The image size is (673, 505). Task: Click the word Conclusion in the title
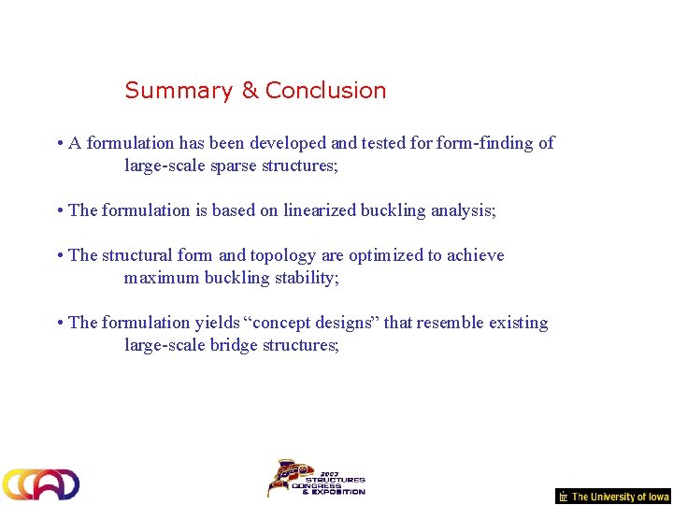coord(325,91)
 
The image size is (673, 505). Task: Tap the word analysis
coord(463,210)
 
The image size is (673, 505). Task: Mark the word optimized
coord(385,255)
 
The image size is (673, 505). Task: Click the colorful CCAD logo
coord(40,483)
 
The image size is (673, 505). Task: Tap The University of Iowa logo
coord(613,497)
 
